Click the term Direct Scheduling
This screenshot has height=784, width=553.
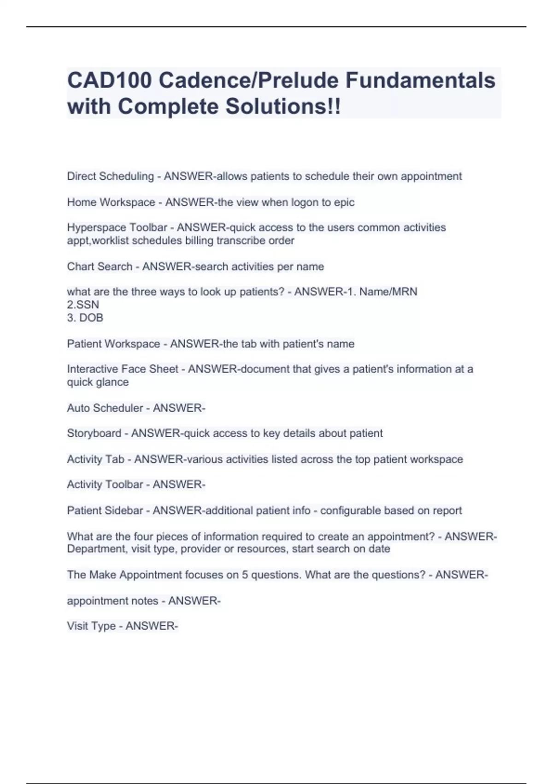(110, 176)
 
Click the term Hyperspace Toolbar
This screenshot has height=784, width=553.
(117, 228)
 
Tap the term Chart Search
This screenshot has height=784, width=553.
(100, 267)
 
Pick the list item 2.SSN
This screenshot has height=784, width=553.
(83, 305)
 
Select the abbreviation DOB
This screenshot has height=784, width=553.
(91, 318)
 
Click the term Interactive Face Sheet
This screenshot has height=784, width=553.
(123, 369)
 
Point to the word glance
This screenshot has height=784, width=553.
(112, 382)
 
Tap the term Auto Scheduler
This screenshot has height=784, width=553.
(105, 408)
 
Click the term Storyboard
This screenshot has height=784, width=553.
(94, 434)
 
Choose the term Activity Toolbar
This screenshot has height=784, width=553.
(105, 485)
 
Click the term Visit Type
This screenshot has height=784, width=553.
(91, 626)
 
